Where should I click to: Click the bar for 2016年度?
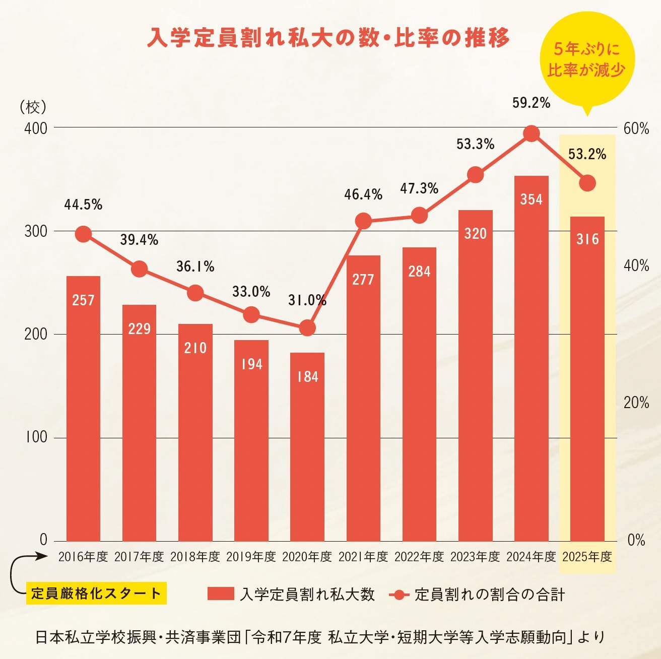coord(83,408)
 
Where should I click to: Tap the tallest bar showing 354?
coord(531,358)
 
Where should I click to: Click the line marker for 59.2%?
coord(532,134)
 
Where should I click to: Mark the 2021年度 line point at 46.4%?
coord(363,221)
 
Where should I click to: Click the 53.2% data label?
coord(587,154)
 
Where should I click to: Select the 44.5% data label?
coord(83,205)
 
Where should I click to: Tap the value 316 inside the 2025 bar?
coord(587,239)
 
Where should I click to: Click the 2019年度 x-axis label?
coord(251,557)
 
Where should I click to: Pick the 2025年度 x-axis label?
coord(587,557)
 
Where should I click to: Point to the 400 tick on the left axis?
coord(36,128)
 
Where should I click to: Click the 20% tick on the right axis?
coord(636,403)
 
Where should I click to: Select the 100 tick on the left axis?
coord(36,437)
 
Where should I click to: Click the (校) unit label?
coord(33,107)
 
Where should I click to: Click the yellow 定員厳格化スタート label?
coord(96,594)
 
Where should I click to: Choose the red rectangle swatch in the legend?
coord(221,594)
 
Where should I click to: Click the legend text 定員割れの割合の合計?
coord(489,595)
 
